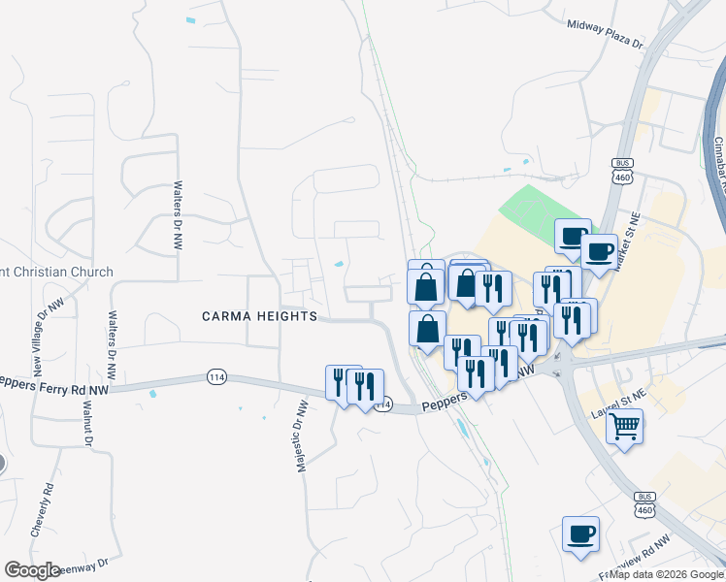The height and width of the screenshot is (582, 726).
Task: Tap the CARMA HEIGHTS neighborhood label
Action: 259,316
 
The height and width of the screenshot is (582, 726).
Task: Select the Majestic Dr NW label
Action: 301,436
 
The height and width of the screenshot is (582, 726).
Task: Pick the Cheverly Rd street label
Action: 40,508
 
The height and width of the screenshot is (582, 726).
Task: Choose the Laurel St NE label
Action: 618,399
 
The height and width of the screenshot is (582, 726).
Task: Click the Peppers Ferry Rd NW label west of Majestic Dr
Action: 58,382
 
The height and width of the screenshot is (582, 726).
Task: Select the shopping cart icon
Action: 625,425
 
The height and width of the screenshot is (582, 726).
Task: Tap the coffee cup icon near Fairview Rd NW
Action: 580,533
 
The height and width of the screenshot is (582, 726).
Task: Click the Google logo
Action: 32,570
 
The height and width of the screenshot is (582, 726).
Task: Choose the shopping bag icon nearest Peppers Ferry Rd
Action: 427,329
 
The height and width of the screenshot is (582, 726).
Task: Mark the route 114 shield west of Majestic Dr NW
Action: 215,376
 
